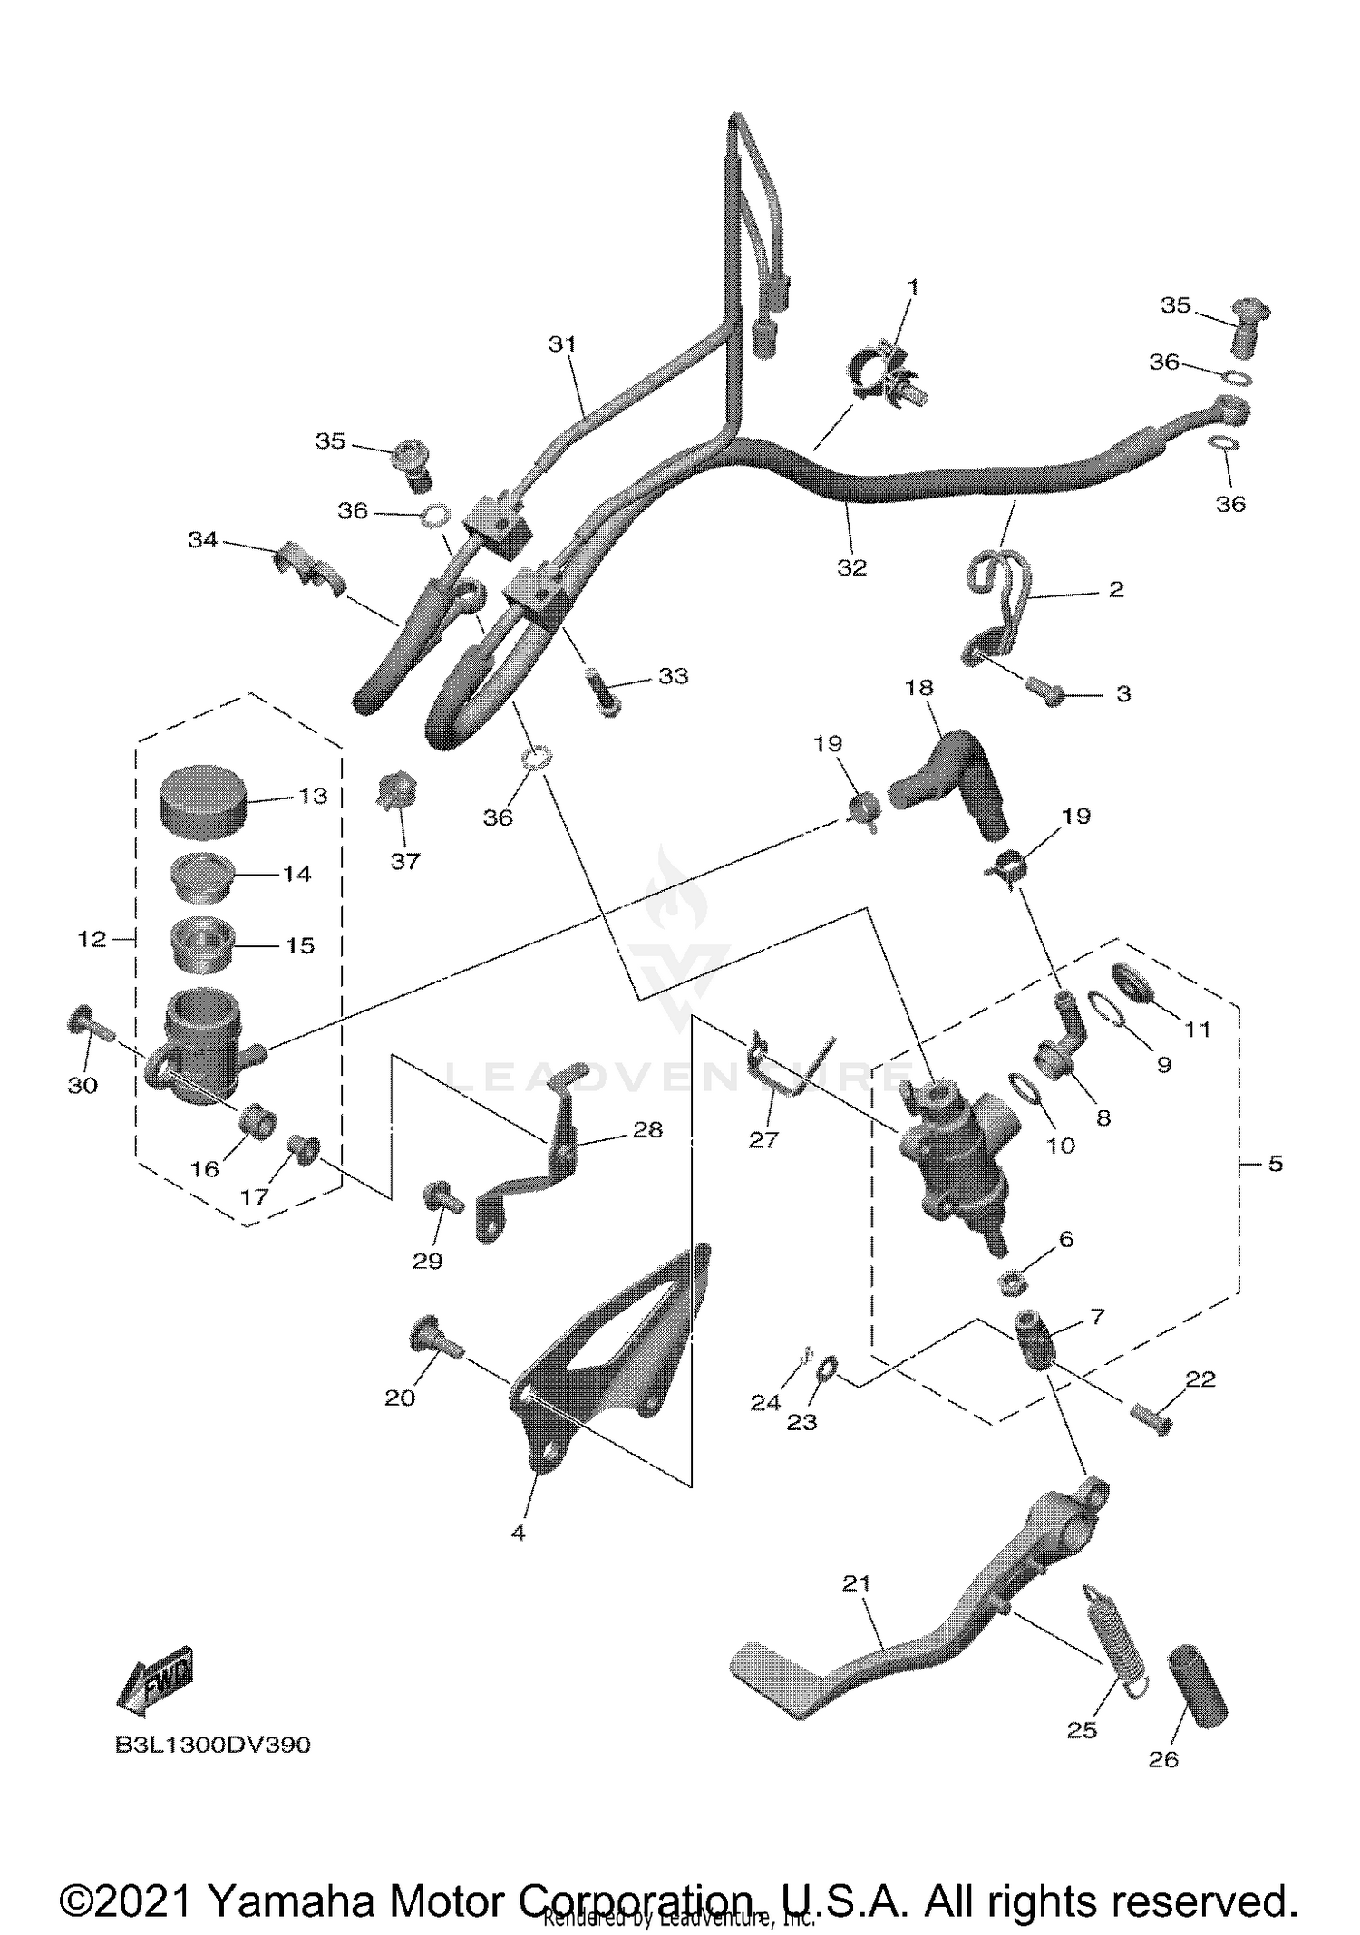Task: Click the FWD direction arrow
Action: (155, 1681)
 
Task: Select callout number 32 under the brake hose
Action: (851, 567)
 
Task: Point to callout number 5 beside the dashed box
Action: (1275, 1163)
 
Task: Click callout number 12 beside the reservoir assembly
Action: (92, 939)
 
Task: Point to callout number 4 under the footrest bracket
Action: (518, 1533)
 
